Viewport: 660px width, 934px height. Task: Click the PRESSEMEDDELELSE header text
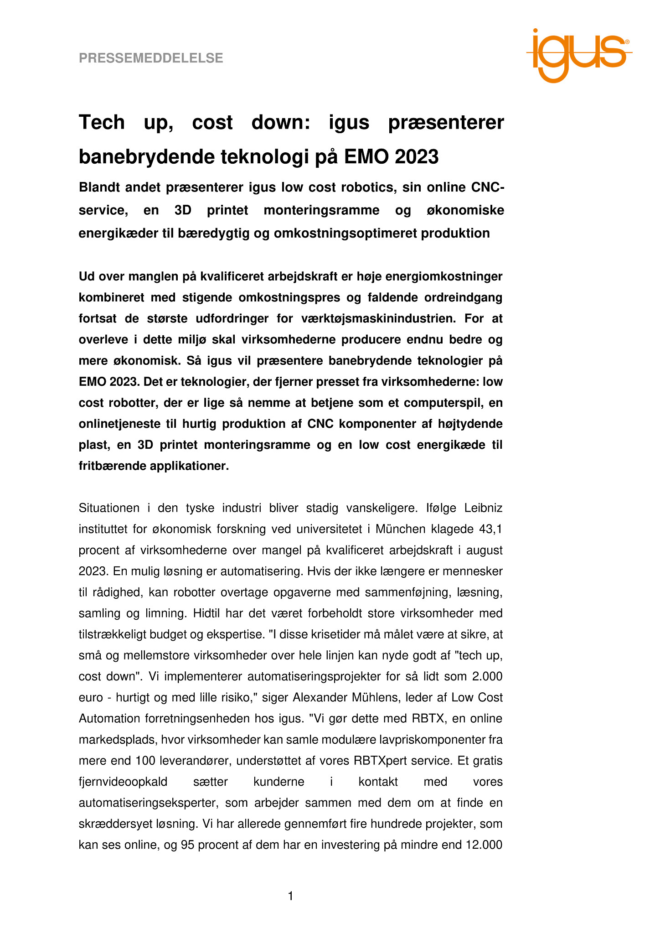click(151, 58)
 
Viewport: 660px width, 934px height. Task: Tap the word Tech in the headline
click(102, 122)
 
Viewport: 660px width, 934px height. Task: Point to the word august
click(484, 550)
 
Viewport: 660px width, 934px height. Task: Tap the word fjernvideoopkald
click(123, 782)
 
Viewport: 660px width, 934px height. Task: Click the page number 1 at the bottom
click(291, 897)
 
